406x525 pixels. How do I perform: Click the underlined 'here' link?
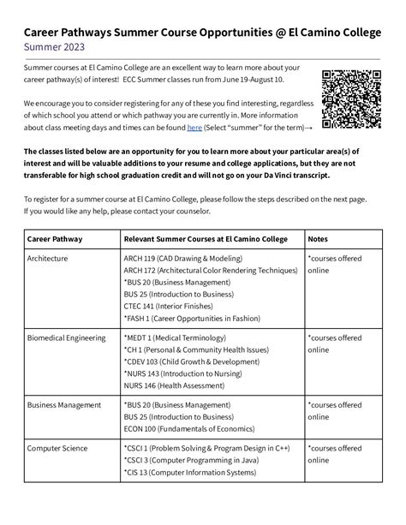pos(194,127)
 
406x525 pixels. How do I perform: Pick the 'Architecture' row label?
pos(49,257)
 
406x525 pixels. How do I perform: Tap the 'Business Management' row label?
pos(66,404)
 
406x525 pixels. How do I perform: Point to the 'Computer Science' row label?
pos(57,447)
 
